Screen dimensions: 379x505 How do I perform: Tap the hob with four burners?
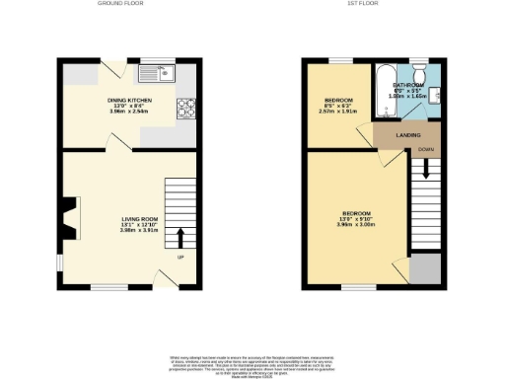(183, 109)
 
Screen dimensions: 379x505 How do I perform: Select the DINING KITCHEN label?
(130, 104)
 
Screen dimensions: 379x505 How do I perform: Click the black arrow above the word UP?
(181, 238)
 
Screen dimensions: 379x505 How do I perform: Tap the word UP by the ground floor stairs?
(180, 258)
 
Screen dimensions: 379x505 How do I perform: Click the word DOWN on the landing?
(425, 149)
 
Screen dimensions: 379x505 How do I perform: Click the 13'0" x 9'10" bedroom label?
(356, 218)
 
